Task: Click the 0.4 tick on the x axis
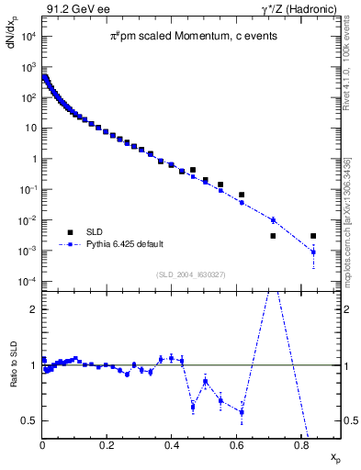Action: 172,449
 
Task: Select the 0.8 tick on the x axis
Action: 300,449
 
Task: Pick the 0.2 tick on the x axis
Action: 107,449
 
